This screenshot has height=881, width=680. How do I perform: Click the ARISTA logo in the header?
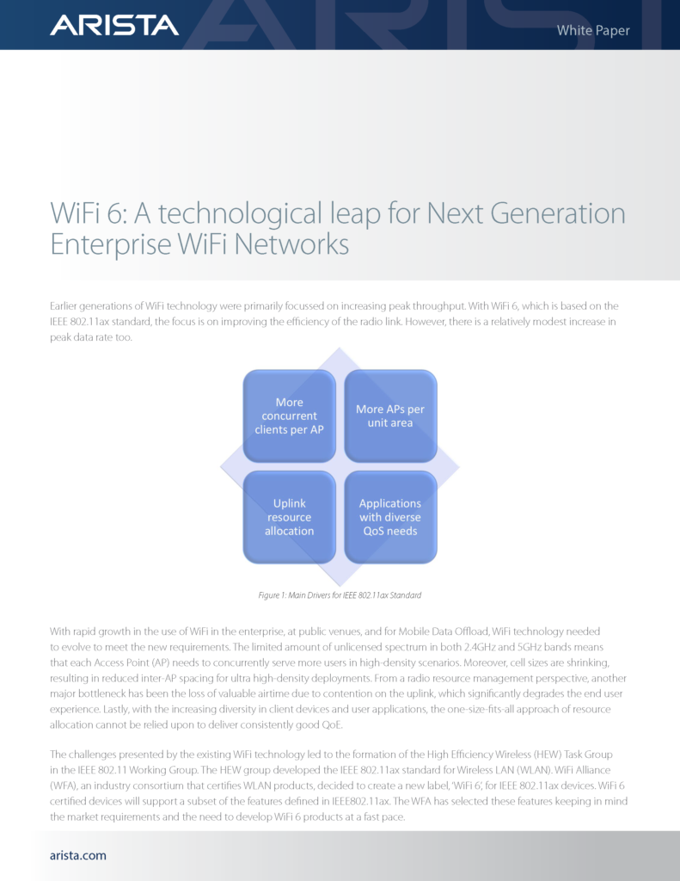[114, 25]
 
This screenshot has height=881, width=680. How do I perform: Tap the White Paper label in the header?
[593, 30]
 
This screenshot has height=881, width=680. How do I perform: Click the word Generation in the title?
[558, 213]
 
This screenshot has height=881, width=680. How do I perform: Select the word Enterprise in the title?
[111, 244]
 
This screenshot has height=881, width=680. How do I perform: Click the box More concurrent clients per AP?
[289, 416]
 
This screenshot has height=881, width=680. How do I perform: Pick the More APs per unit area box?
[390, 416]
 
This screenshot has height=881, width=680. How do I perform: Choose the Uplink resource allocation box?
[289, 517]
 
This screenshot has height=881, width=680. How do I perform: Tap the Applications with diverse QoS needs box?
[390, 517]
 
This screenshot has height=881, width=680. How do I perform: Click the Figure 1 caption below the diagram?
[340, 595]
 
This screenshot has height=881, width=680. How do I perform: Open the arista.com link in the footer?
[78, 855]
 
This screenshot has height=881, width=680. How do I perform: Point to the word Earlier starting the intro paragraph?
[63, 306]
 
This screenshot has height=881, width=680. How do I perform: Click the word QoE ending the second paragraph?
[331, 724]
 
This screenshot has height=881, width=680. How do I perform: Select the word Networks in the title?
[292, 244]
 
